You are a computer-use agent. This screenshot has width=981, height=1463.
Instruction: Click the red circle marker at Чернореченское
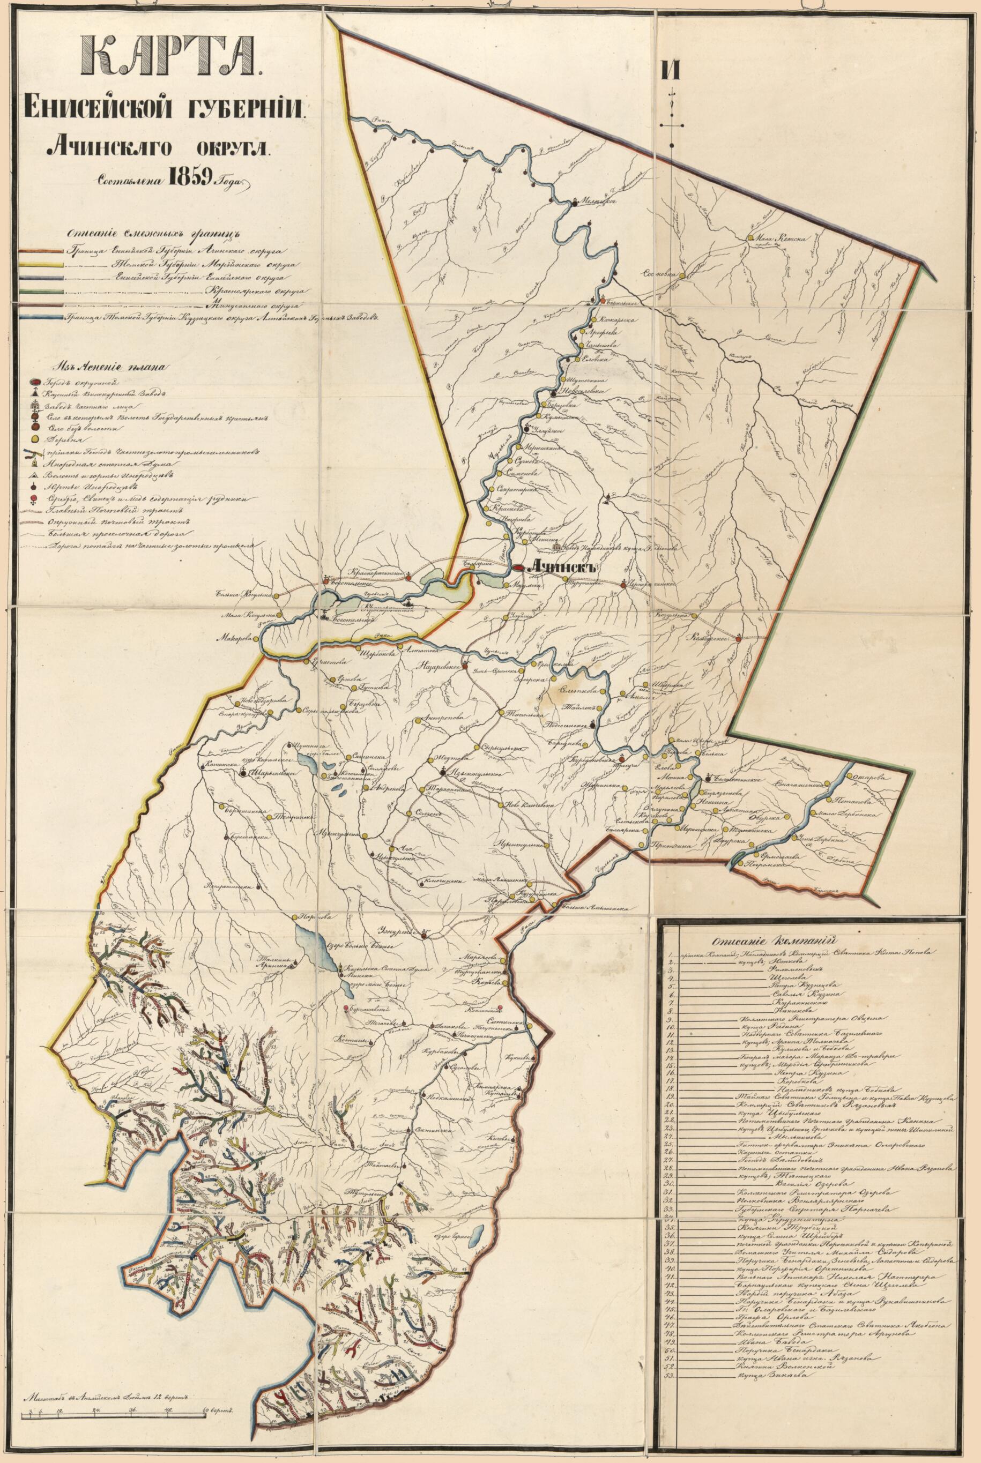coord(624,585)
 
